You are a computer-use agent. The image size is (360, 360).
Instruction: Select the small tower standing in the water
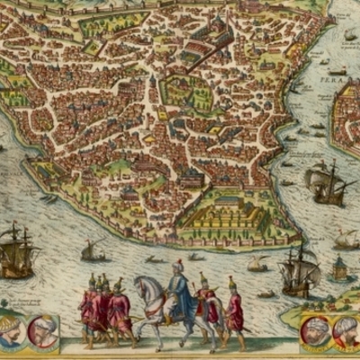pos(340,267)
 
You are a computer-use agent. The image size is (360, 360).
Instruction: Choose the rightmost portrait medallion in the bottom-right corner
pos(346,332)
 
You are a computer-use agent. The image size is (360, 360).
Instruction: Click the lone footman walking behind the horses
pos(235,310)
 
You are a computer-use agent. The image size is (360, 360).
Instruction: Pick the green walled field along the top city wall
pos(112,22)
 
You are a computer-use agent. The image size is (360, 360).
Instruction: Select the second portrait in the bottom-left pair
pos(41,330)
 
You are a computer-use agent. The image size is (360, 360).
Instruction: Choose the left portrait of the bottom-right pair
pos(315,331)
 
